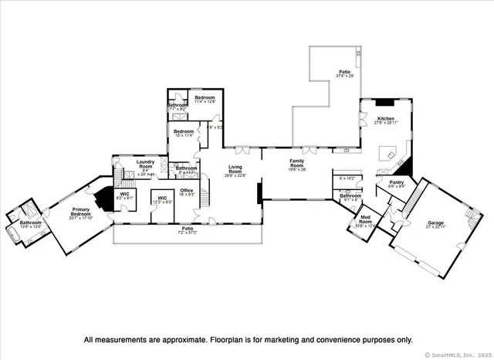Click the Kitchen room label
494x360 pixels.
[386, 119]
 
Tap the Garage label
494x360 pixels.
[436, 223]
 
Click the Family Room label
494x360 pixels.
[296, 165]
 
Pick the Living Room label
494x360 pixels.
[235, 169]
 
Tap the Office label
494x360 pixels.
[186, 191]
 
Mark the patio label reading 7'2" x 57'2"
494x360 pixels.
[187, 231]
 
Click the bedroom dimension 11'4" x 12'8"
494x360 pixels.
[205, 101]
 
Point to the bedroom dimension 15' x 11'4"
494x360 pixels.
[183, 134]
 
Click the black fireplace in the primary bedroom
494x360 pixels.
[101, 199]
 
